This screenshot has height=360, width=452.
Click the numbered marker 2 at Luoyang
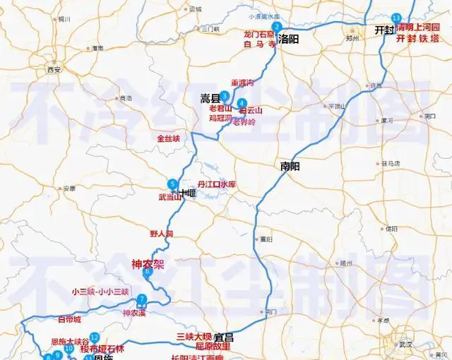tap(278, 27)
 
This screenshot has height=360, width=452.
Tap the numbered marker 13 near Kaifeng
tap(396, 18)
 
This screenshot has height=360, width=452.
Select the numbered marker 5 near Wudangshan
tap(172, 185)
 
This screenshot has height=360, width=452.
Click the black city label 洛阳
tap(289, 39)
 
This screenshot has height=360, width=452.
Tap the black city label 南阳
tap(290, 167)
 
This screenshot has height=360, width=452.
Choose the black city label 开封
tap(384, 30)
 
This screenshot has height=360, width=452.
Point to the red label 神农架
tap(148, 264)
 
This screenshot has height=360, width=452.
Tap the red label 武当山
tap(170, 197)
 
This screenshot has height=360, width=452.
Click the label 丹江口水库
tap(215, 184)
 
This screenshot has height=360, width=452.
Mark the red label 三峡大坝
tap(194, 335)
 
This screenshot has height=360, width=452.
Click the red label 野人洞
tap(161, 233)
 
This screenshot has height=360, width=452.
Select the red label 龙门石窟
tap(258, 33)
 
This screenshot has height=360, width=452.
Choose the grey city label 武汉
tap(405, 344)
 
